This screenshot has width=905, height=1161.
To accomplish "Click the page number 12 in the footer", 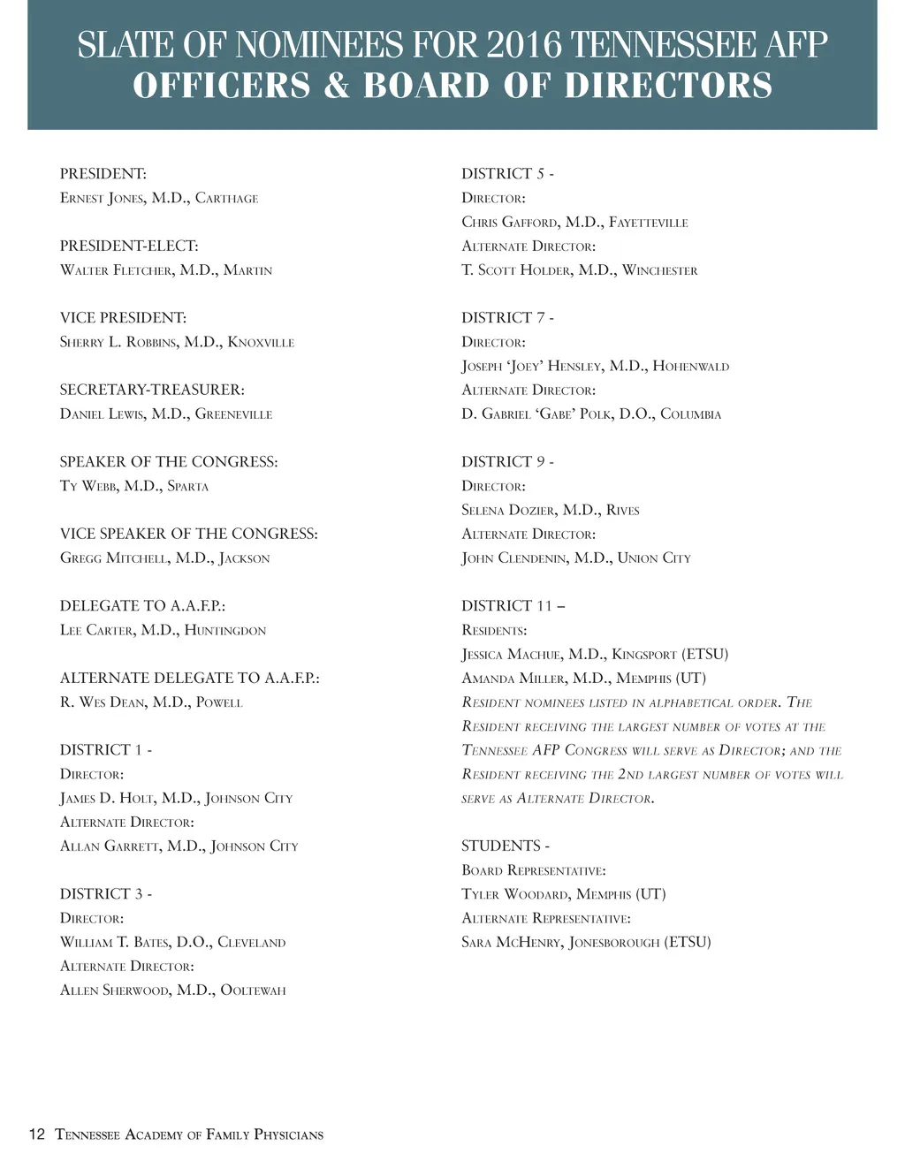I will pyautogui.click(x=36, y=1134).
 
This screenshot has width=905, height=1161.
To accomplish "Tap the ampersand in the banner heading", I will pyautogui.click(x=337, y=86).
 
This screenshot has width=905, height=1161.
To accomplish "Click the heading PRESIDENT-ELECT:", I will pyautogui.click(x=129, y=246).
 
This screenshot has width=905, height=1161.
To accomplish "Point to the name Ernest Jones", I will pyautogui.click(x=102, y=198).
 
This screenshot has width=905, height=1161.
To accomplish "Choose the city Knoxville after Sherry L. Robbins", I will pyautogui.click(x=261, y=342).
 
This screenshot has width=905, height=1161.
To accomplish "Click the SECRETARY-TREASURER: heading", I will pyautogui.click(x=152, y=390).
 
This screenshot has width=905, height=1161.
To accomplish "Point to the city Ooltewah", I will pyautogui.click(x=253, y=990).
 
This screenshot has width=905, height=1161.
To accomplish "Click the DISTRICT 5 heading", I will pyautogui.click(x=507, y=174).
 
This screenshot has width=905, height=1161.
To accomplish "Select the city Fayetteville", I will pyautogui.click(x=648, y=223).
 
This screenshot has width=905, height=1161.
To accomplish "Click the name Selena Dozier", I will pyautogui.click(x=508, y=511).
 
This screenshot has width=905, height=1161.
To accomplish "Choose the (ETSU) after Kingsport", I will pyautogui.click(x=704, y=655).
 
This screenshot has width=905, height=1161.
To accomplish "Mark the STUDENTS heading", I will pyautogui.click(x=505, y=846).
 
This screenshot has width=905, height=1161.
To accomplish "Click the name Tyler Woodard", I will pyautogui.click(x=514, y=894).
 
